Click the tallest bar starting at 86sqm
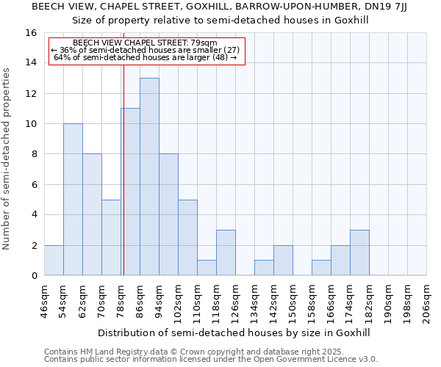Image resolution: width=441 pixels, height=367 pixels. click(x=149, y=177)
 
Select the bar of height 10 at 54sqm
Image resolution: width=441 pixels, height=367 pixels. click(x=73, y=200)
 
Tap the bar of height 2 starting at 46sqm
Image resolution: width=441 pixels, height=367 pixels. click(x=54, y=261)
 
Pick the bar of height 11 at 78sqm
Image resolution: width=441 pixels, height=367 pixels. click(x=130, y=192)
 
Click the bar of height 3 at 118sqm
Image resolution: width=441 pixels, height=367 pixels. click(x=226, y=253)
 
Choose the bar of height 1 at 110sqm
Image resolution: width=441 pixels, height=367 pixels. click(x=207, y=268)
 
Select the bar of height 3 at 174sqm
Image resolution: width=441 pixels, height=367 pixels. click(x=359, y=253)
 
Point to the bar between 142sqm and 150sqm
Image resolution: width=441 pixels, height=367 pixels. click(x=283, y=261)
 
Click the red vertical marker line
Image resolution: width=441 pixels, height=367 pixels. click(x=123, y=183)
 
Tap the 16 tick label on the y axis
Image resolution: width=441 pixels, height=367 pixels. click(x=31, y=33)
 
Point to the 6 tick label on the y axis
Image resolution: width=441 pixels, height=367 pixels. click(x=34, y=185)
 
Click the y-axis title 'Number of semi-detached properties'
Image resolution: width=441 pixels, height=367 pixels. click(x=7, y=159)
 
